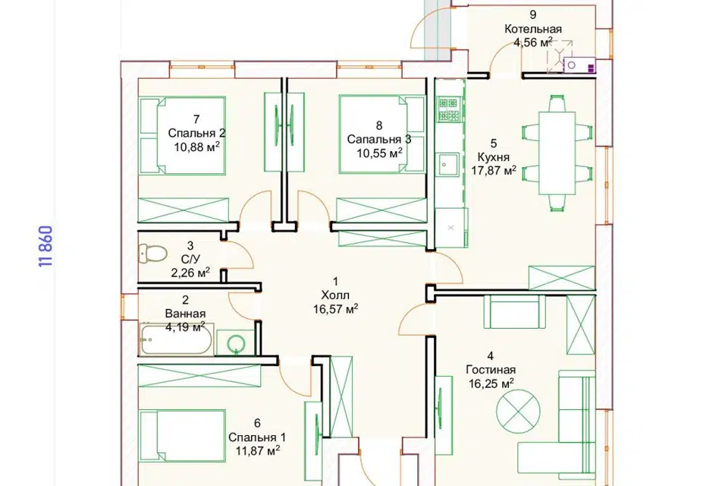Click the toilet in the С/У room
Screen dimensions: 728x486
(x=152, y=254)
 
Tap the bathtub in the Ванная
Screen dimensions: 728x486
(x=177, y=339)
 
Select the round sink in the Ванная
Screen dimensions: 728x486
(x=237, y=344)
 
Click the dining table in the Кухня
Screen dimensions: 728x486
(x=557, y=153)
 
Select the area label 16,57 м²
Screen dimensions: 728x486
(x=336, y=309)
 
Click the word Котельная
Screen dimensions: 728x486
(x=533, y=29)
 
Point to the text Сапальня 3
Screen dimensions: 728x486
(x=379, y=140)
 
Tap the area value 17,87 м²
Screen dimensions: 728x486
(x=494, y=171)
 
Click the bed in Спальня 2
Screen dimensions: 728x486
(x=183, y=135)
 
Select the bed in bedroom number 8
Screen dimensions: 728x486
(x=382, y=134)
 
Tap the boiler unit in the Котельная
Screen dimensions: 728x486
(x=579, y=65)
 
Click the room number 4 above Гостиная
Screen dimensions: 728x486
(x=491, y=356)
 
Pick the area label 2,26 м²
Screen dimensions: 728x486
(x=190, y=273)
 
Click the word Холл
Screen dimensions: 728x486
(x=335, y=295)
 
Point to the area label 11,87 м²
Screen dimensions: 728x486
(x=257, y=450)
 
